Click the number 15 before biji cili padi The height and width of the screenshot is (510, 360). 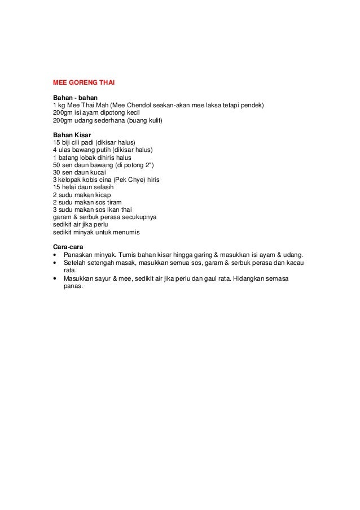pyautogui.click(x=56, y=142)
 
